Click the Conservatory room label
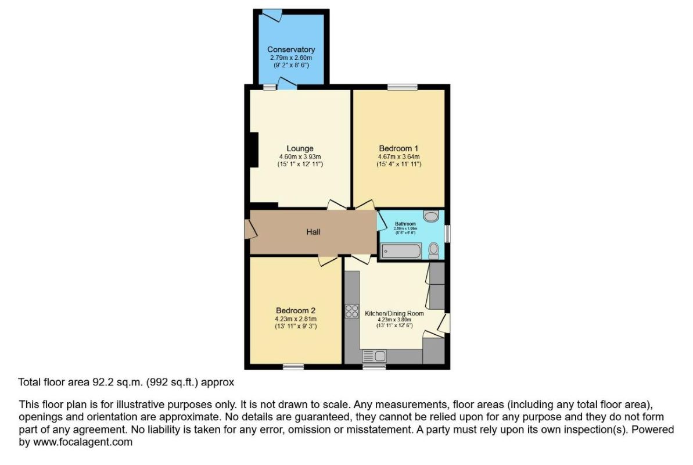pyautogui.click(x=291, y=50)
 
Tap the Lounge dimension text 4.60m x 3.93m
pyautogui.click(x=300, y=156)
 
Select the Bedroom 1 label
pyautogui.click(x=398, y=148)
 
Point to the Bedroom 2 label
pyautogui.click(x=296, y=310)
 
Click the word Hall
pyautogui.click(x=313, y=232)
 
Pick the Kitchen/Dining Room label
pyautogui.click(x=394, y=313)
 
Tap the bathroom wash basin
pyautogui.click(x=432, y=217)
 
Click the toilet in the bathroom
pyautogui.click(x=433, y=251)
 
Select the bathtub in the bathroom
pyautogui.click(x=401, y=251)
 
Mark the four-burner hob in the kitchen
pyautogui.click(x=351, y=312)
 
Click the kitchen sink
pyautogui.click(x=374, y=356)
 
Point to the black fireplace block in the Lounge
pyautogui.click(x=253, y=150)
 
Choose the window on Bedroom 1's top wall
pyautogui.click(x=403, y=87)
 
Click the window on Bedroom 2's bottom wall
pyautogui.click(x=293, y=367)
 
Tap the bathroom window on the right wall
pyautogui.click(x=447, y=233)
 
